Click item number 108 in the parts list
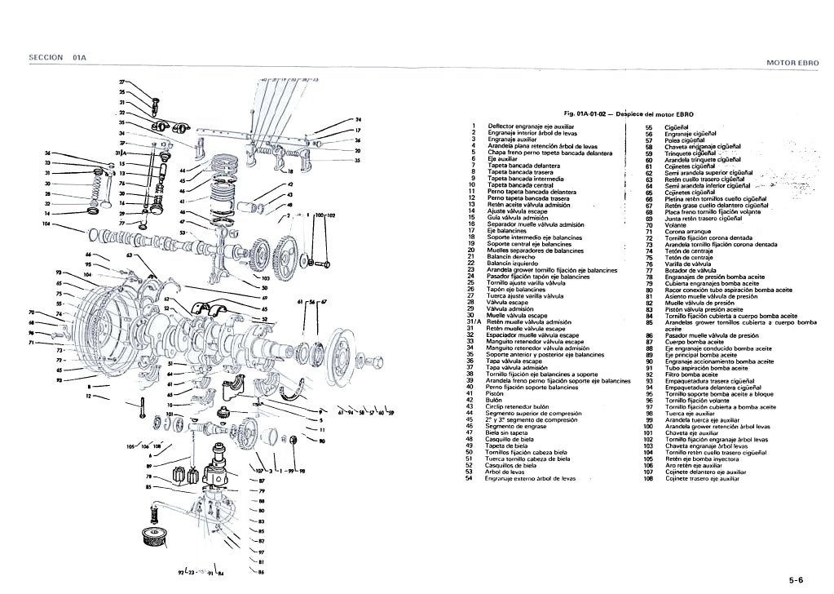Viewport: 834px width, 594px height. [650, 479]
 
